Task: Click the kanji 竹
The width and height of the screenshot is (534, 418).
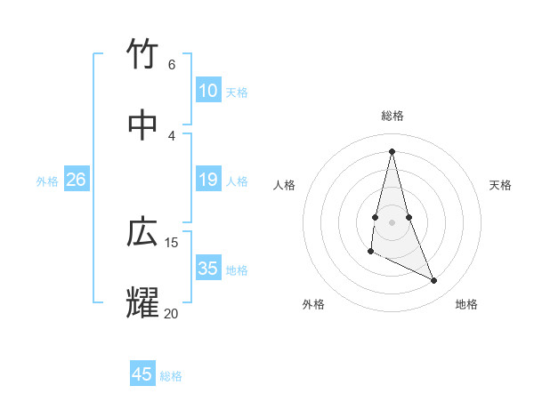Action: (x=142, y=55)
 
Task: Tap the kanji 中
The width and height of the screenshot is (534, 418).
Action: (x=142, y=125)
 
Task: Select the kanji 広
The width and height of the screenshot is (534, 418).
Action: (x=142, y=232)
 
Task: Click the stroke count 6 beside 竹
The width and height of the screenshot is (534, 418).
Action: (x=172, y=65)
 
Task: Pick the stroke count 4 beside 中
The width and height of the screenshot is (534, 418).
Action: (x=172, y=135)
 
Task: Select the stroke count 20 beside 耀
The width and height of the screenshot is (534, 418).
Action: (x=172, y=313)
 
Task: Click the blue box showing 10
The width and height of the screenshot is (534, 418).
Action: (x=207, y=91)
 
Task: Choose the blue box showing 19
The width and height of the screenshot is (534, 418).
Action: (x=207, y=180)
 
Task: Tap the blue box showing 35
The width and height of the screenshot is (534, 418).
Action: (x=207, y=269)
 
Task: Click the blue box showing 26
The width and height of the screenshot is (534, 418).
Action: (x=76, y=180)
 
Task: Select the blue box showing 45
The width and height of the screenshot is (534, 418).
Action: (x=142, y=374)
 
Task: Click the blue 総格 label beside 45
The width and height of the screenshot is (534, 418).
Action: (x=171, y=376)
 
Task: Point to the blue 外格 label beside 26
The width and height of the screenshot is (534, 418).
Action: (x=47, y=181)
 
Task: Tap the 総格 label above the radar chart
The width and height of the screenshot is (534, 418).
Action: (x=392, y=116)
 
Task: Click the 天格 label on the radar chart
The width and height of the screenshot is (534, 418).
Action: (x=501, y=185)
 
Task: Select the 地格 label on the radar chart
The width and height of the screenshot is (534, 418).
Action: (x=466, y=304)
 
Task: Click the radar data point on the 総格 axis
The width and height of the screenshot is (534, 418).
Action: (x=392, y=151)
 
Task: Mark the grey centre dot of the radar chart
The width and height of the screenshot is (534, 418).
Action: (x=392, y=221)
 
